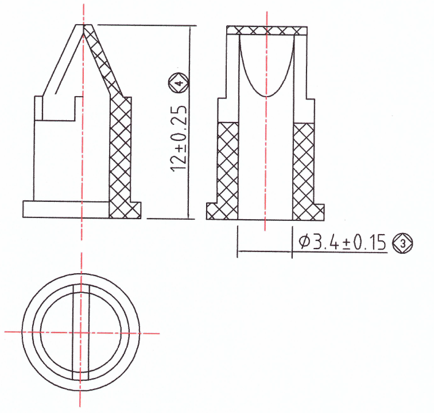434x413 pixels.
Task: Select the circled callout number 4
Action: pyautogui.click(x=179, y=83)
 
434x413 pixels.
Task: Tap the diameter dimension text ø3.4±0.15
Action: pyautogui.click(x=341, y=243)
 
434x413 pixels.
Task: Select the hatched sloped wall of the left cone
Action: pyautogui.click(x=103, y=63)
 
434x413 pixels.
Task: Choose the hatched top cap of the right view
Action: pyautogui.click(x=267, y=30)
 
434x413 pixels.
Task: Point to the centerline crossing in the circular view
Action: pyautogui.click(x=81, y=332)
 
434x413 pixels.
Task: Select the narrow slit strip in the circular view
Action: pyautogui.click(x=81, y=357)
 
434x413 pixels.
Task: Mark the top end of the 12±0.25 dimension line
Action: pyautogui.click(x=189, y=26)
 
